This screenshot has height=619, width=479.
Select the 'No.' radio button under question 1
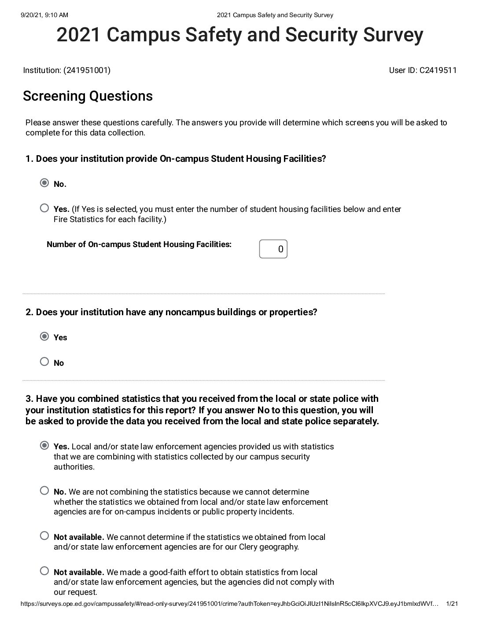[x=44, y=183]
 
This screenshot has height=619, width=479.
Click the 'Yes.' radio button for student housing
[x=44, y=208]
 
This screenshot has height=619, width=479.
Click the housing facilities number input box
[x=273, y=249]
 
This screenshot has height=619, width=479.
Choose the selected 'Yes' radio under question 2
[x=44, y=337]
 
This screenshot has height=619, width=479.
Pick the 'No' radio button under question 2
[x=44, y=362]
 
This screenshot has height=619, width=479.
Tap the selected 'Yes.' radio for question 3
[x=44, y=446]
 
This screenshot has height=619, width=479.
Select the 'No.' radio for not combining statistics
[x=44, y=491]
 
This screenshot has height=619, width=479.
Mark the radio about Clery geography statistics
[x=44, y=536]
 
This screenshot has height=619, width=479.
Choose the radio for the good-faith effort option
[x=44, y=571]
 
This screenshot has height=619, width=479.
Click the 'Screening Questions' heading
[x=88, y=96]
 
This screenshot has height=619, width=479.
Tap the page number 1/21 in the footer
[x=452, y=604]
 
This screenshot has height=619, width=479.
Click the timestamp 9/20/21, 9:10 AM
[x=44, y=15]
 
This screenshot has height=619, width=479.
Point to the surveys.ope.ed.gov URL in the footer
[x=229, y=604]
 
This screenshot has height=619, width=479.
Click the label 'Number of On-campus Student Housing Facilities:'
[x=139, y=244]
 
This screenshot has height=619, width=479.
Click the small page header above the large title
[x=275, y=15]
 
